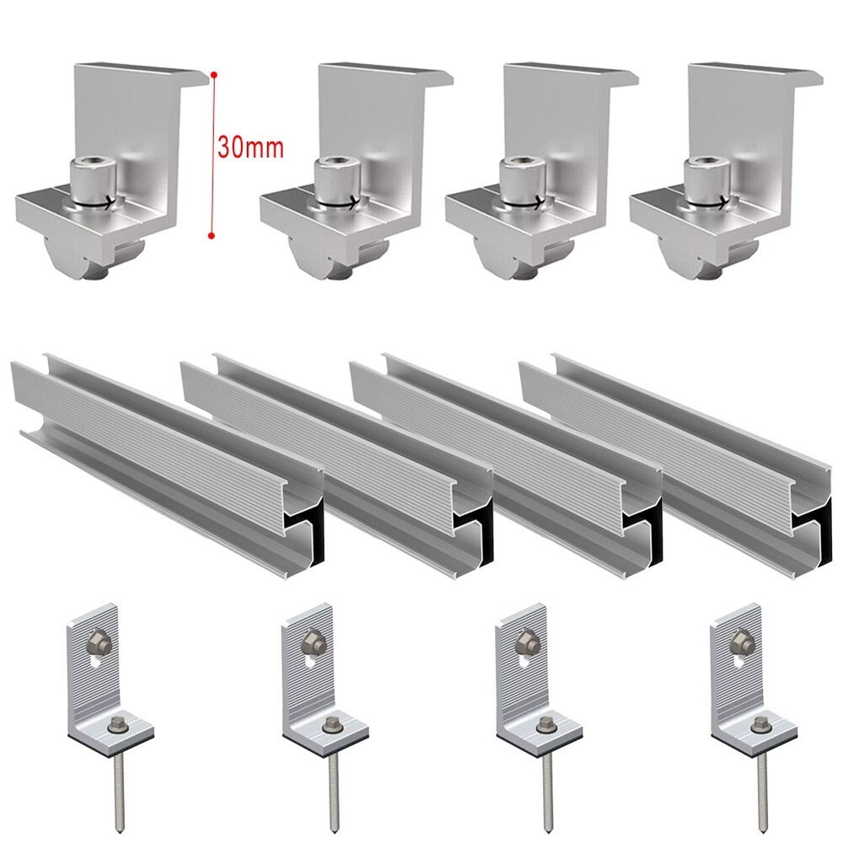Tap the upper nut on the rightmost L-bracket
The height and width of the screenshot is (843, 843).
tap(740, 640)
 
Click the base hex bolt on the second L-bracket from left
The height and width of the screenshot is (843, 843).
tap(331, 726)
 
